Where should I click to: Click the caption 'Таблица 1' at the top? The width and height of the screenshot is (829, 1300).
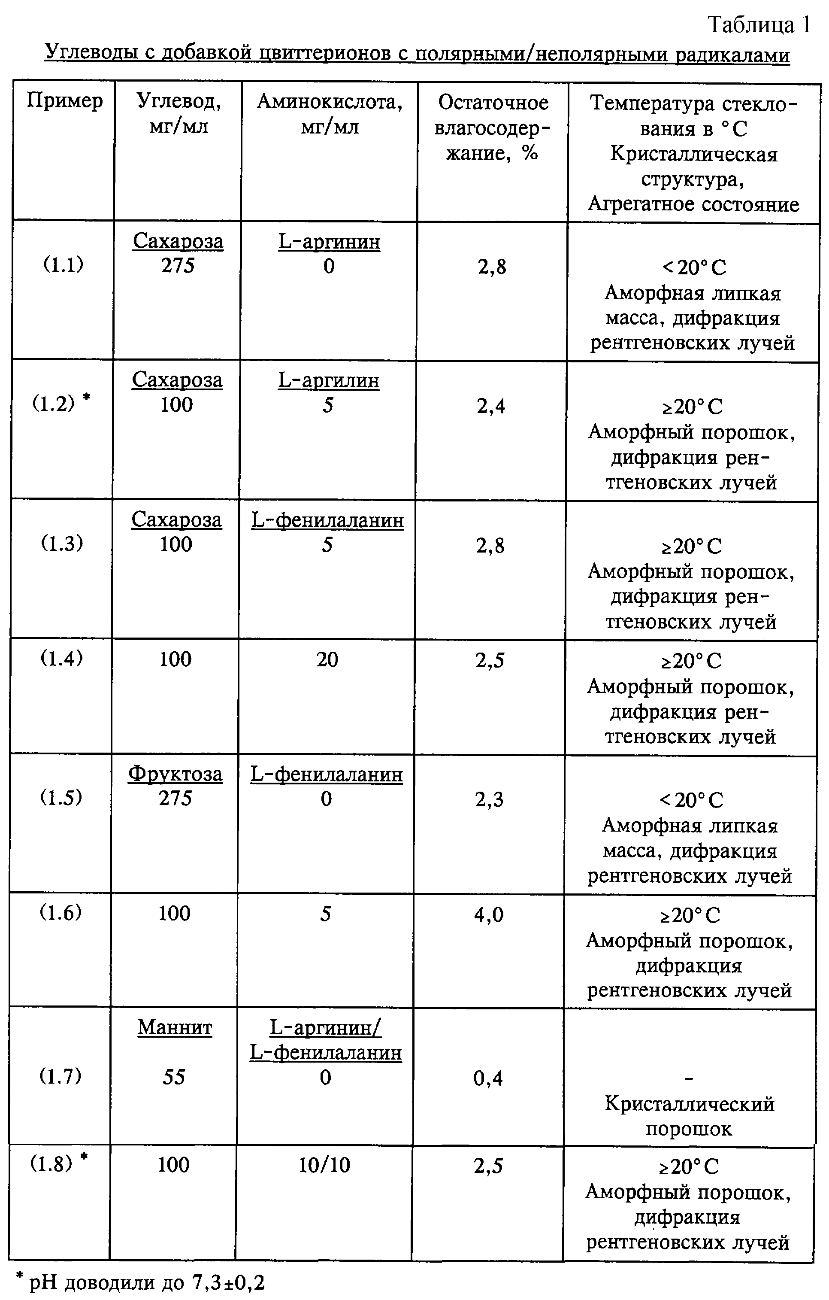tap(759, 25)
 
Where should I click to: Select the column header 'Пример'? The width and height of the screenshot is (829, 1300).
tap(65, 100)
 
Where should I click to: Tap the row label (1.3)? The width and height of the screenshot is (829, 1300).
tap(62, 543)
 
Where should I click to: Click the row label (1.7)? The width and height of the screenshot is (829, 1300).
tap(61, 1076)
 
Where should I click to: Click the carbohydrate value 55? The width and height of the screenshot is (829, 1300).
tap(174, 1077)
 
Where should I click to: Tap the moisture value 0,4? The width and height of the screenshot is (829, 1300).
tap(488, 1078)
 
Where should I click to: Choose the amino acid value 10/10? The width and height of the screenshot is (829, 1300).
tap(324, 1165)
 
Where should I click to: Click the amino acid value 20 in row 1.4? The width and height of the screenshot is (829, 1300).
tap(327, 659)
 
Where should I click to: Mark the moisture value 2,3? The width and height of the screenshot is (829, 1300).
tap(490, 799)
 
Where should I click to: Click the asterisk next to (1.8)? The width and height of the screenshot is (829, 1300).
tap(84, 1156)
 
